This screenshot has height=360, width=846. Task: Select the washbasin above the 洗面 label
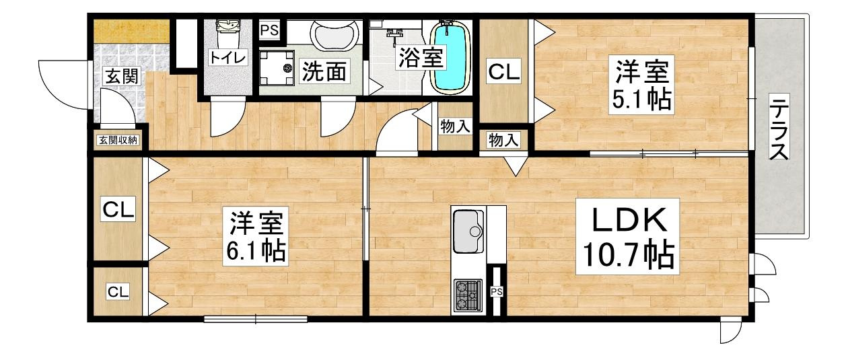pos(334,35)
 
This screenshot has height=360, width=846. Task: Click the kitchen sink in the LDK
pos(468,231)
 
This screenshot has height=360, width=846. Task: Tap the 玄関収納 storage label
pos(118,140)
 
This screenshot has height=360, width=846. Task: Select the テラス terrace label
pos(779,129)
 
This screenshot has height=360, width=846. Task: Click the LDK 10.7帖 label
pos(627,236)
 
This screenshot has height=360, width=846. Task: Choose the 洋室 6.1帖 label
pos(255,236)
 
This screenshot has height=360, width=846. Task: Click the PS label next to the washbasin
pos(270,30)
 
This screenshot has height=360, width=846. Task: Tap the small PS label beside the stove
pos(497,292)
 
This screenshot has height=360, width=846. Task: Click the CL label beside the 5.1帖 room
pos(504,71)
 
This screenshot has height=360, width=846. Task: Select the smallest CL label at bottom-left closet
pos(118,291)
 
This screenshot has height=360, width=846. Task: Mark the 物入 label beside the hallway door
pos(456,127)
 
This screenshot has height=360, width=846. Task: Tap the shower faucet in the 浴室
pos(394,33)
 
